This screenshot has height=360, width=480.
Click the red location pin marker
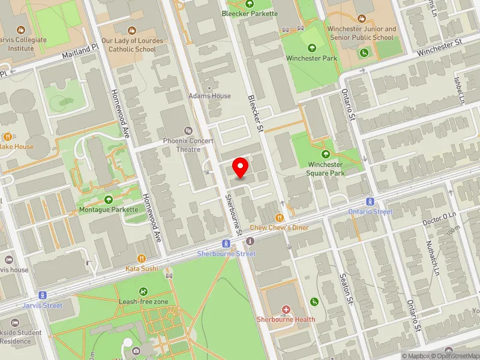click(241, 167)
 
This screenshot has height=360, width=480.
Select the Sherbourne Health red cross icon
click(286, 310)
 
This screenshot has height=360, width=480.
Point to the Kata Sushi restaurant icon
click(142, 259)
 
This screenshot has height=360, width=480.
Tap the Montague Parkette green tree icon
click(108, 200)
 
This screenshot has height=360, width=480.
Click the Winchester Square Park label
click(326, 169)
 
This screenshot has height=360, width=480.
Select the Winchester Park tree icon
click(311, 48)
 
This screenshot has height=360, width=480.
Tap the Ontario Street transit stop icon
click(370, 202)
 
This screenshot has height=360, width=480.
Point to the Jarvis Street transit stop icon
click(43, 295)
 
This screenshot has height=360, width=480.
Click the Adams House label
click(209, 96)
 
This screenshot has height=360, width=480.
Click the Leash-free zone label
click(143, 301)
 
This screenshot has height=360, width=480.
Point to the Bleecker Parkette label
click(250, 13)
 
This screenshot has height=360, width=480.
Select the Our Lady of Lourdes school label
click(128, 45)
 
